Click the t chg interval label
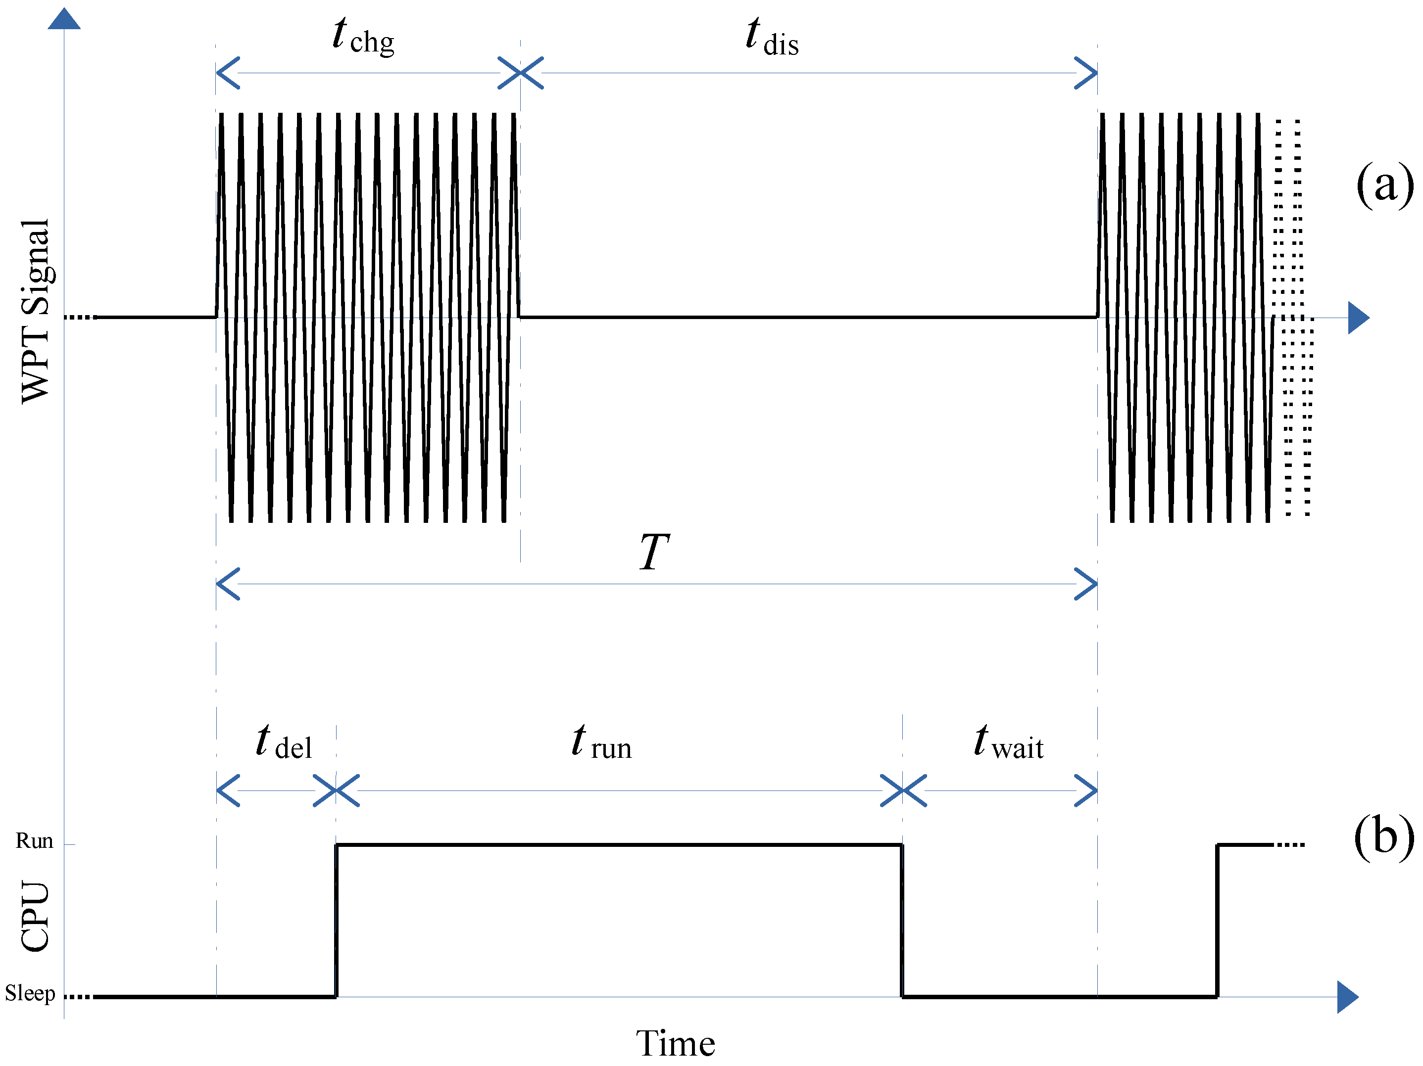point(363,37)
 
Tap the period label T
point(654,552)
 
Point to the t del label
point(284,742)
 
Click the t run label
point(601,742)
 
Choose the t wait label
point(1008,742)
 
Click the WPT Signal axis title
point(35,311)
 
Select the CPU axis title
point(35,916)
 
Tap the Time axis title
point(676,1043)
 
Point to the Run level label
point(34,840)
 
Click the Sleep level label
point(30,993)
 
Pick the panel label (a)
point(1384,185)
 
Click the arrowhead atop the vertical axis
point(64,19)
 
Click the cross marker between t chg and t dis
point(520,73)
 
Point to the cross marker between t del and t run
point(336,790)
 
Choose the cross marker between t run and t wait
point(903,790)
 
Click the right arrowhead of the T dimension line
point(1087,584)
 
